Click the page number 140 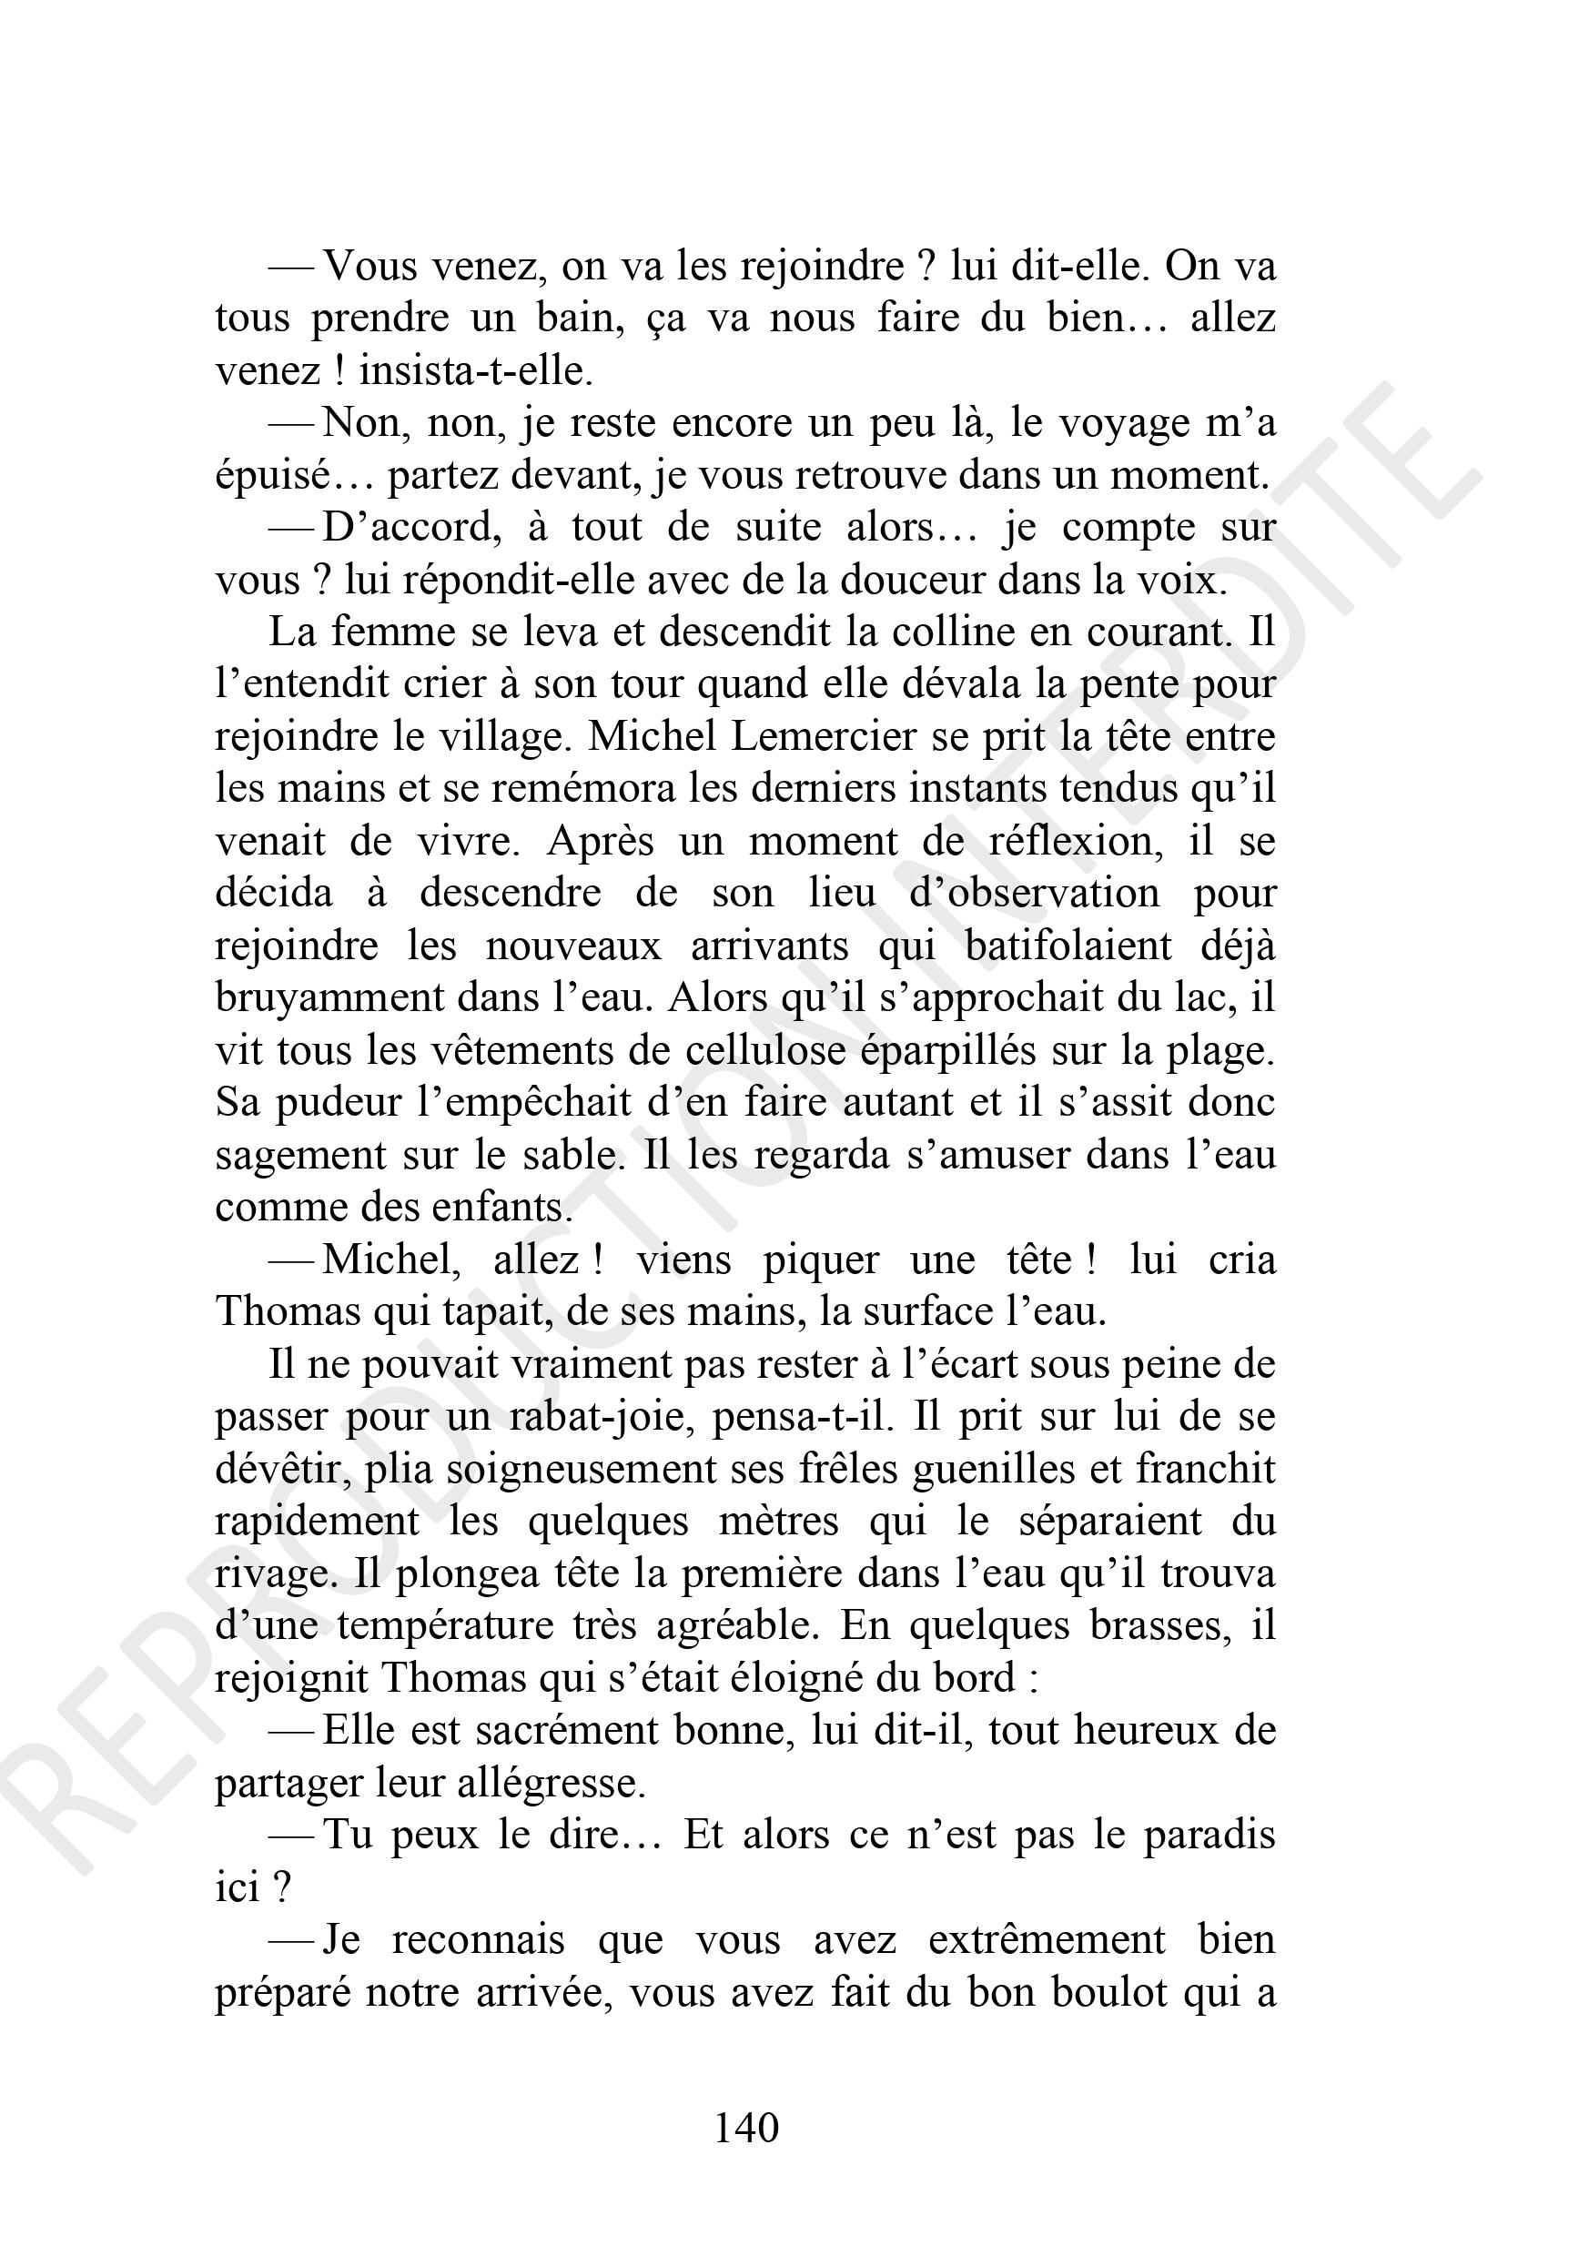[747, 2128]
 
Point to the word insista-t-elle [477, 371]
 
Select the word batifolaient [1068, 946]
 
